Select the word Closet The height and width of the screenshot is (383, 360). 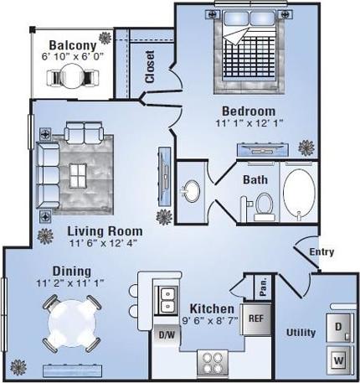pyautogui.click(x=150, y=66)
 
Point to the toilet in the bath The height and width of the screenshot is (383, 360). pyautogui.click(x=264, y=204)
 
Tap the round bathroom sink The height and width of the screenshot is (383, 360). pyautogui.click(x=192, y=191)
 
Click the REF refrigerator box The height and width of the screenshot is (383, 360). pyautogui.click(x=255, y=319)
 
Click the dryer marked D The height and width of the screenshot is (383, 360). pyautogui.click(x=339, y=326)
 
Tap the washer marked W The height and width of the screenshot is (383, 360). pyautogui.click(x=339, y=360)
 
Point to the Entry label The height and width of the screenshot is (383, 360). pyautogui.click(x=321, y=252)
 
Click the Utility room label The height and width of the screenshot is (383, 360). pyautogui.click(x=301, y=333)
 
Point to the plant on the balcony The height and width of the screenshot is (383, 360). pyautogui.click(x=105, y=39)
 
